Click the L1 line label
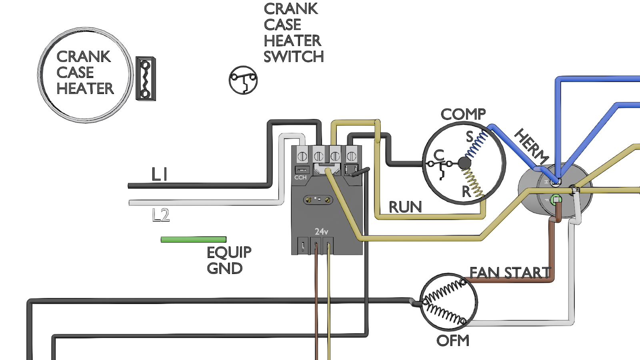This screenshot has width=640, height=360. tap(159, 174)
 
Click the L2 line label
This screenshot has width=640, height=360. tap(160, 215)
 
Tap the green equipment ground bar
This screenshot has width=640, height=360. tap(194, 240)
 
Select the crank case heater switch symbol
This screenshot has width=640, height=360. tap(243, 80)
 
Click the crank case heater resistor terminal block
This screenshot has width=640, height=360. tap(146, 78)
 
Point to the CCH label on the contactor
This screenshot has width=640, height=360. tap(300, 178)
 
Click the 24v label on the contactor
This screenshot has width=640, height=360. tap(322, 232)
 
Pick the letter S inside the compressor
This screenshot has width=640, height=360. tap(470, 136)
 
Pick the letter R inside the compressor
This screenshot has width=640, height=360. tap(466, 192)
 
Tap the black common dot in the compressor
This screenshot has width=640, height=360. tap(464, 163)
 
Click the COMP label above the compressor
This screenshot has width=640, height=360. tap(463, 114)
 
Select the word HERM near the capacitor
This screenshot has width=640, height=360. tap(532, 146)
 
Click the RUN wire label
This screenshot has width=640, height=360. tap(405, 207)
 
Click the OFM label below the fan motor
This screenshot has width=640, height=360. tap(453, 340)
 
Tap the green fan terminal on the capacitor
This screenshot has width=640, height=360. tap(556, 199)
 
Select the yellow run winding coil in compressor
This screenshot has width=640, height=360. tap(473, 183)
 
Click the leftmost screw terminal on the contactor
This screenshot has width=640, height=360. tap(302, 156)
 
